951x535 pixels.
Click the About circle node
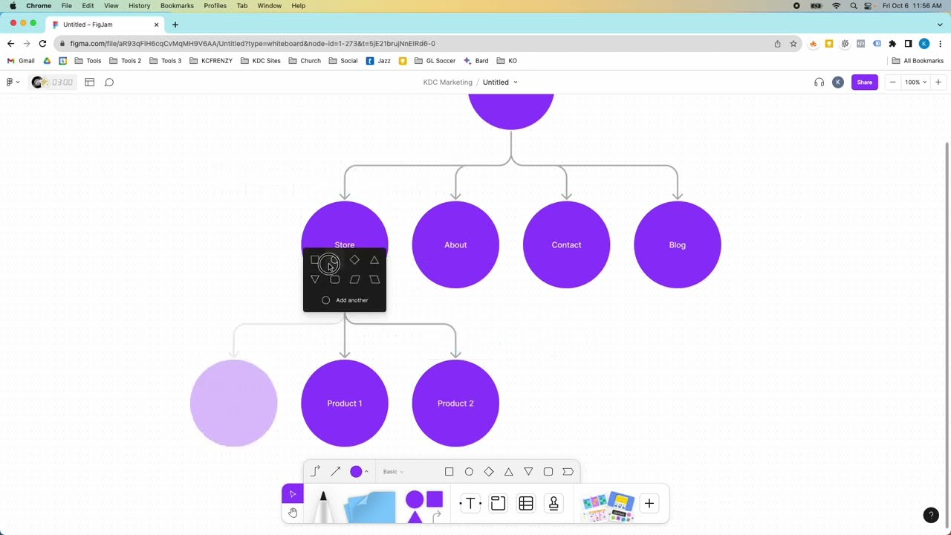tap(455, 244)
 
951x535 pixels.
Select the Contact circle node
tap(566, 244)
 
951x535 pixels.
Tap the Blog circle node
tap(677, 244)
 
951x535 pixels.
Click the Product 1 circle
tap(344, 403)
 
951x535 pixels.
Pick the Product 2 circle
tap(455, 403)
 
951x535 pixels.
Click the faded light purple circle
tap(233, 403)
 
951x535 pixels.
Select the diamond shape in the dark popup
tap(354, 260)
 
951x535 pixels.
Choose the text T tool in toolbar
tap(470, 504)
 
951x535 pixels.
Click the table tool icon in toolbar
tap(526, 504)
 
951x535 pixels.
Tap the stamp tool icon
tap(554, 504)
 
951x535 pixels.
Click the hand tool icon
tap(293, 513)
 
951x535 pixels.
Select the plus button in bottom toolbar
tap(649, 504)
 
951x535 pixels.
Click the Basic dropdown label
tap(393, 472)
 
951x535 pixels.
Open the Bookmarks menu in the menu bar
tap(177, 6)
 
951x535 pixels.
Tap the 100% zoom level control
tap(915, 82)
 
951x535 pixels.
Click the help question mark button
tap(931, 515)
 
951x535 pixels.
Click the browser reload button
tap(42, 44)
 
